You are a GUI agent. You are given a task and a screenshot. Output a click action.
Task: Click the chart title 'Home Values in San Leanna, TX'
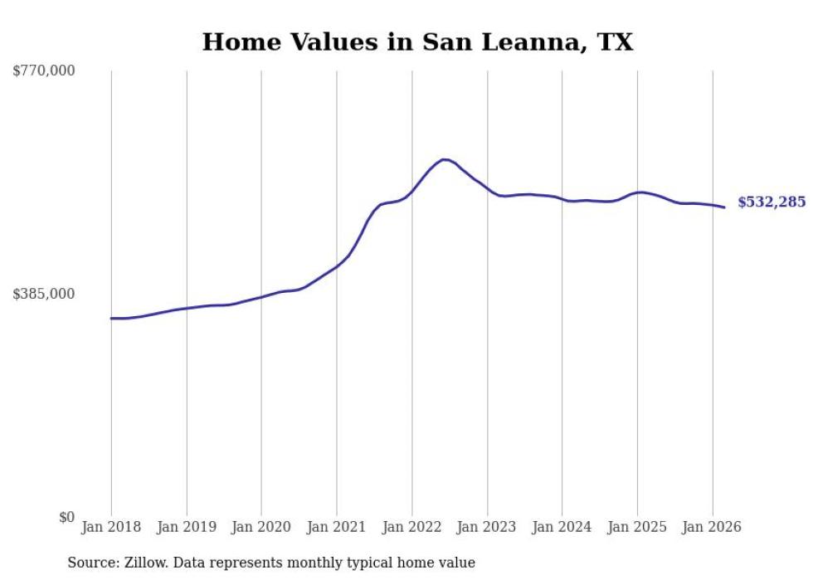coord(417,41)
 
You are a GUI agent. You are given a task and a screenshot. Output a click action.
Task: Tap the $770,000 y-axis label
coord(44,71)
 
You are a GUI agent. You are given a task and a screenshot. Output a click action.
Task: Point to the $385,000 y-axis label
coord(44,294)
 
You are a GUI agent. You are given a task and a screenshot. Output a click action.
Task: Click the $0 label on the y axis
coord(67,518)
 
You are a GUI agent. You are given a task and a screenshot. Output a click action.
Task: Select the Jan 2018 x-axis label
coord(111,527)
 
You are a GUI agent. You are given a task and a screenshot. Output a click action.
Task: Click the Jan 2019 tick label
coord(187,527)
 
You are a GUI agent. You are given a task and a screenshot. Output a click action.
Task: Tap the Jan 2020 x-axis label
coord(261,527)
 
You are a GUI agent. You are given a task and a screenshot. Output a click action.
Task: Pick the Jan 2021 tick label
coord(337,527)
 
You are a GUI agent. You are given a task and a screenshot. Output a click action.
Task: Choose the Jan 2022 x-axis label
coord(411,527)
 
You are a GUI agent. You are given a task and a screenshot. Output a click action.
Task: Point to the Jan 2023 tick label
coord(487,527)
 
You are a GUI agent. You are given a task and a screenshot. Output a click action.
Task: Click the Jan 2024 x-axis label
coord(562,527)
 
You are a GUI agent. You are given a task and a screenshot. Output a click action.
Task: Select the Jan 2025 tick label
coord(637,527)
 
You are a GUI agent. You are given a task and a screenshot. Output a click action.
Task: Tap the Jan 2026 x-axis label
coord(712,527)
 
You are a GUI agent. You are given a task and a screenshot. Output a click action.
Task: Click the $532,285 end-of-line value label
coord(771,202)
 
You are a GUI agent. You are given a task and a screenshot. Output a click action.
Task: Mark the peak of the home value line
coord(445,159)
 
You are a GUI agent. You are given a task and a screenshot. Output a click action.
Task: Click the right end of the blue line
coord(724,207)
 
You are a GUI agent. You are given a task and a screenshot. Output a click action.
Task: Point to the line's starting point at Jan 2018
coord(111,318)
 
